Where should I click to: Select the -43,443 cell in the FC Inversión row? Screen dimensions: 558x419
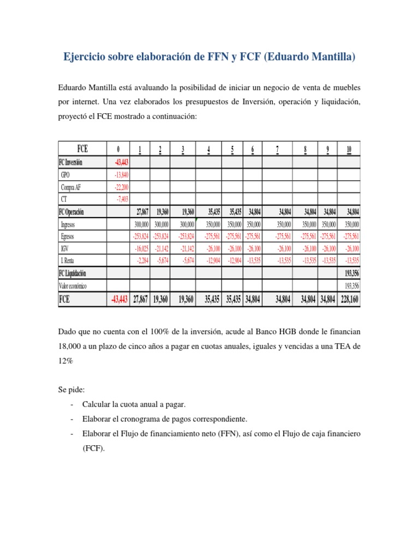(x=121, y=162)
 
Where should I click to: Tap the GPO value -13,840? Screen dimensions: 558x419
(x=122, y=174)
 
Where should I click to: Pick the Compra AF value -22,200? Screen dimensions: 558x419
(x=122, y=187)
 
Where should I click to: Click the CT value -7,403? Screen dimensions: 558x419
(x=122, y=199)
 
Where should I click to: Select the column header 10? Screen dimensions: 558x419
(x=349, y=150)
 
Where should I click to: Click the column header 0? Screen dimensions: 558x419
(x=118, y=150)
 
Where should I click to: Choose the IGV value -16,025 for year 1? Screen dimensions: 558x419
(x=141, y=248)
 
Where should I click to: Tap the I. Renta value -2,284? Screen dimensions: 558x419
(x=142, y=261)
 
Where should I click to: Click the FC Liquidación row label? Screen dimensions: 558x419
(x=73, y=274)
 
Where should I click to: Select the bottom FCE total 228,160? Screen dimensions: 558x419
(x=349, y=299)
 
